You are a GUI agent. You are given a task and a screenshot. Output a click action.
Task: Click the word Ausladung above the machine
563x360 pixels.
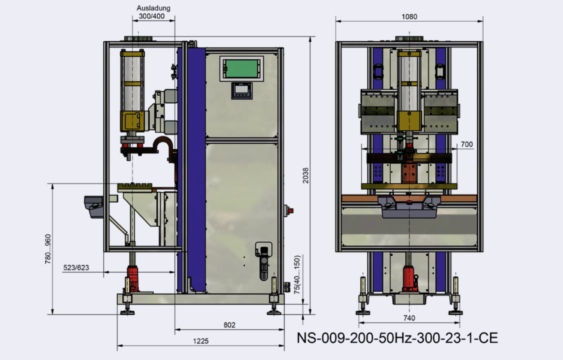tap(154, 8)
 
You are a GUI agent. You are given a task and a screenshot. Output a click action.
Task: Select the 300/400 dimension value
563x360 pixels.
tap(152, 16)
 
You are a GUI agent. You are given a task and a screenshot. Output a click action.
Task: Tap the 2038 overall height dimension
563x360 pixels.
tap(305, 175)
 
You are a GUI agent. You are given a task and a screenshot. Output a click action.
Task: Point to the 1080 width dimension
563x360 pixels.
tap(409, 17)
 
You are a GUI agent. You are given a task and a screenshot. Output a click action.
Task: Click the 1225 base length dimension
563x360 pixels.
tap(201, 341)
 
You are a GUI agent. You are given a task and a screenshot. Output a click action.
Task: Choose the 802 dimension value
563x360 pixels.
tap(230, 325)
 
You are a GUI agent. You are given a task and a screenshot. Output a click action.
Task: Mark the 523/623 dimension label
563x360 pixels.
tap(76, 268)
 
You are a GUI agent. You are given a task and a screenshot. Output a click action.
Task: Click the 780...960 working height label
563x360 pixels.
tap(48, 249)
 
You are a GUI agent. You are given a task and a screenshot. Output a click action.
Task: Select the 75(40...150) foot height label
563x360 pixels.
tap(297, 275)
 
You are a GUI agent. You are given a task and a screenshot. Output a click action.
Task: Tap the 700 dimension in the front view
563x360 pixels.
tap(467, 144)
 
